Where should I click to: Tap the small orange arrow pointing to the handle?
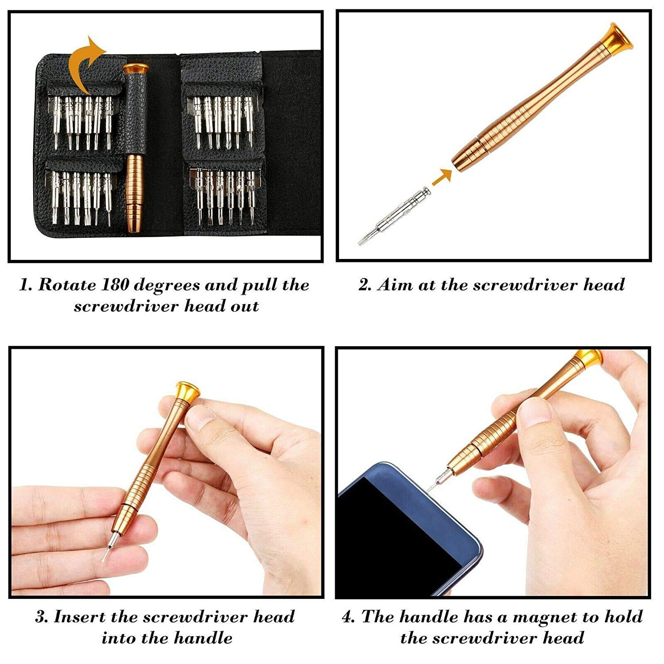pyautogui.click(x=442, y=177)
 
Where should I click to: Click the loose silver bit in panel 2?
pyautogui.click(x=394, y=216)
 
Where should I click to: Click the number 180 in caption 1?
pyautogui.click(x=115, y=285)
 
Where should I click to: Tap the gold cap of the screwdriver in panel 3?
pyautogui.click(x=188, y=390)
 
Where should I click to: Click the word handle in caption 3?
pyautogui.click(x=203, y=638)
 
